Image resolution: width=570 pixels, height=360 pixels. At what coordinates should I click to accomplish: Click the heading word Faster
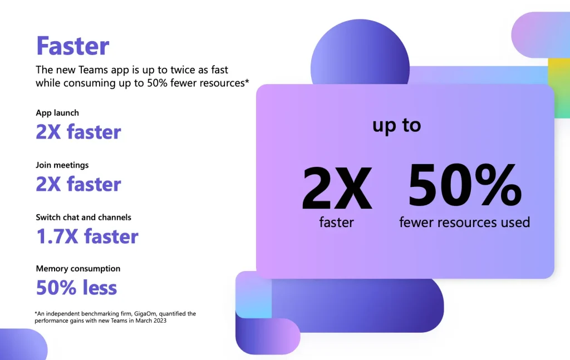click(73, 46)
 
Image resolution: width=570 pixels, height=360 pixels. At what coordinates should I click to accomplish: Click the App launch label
click(57, 112)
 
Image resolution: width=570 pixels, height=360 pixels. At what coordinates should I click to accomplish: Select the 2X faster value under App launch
click(78, 131)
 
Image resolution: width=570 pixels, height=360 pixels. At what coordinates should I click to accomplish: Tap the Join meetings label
click(62, 165)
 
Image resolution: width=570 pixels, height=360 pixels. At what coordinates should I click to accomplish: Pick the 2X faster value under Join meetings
click(78, 184)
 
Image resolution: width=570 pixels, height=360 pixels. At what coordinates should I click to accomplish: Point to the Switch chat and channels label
click(83, 217)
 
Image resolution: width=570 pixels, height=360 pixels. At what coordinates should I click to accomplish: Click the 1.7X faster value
click(87, 236)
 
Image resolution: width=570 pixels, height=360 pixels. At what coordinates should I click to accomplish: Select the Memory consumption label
click(78, 268)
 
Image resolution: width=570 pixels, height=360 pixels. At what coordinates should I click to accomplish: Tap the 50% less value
click(76, 287)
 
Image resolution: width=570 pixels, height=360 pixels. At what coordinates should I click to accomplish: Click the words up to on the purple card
click(396, 126)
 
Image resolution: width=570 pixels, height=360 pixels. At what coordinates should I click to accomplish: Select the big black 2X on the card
click(337, 188)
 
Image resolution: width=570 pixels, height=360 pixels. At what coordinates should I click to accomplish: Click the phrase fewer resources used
click(465, 222)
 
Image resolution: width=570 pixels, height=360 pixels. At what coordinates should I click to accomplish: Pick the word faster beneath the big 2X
click(336, 222)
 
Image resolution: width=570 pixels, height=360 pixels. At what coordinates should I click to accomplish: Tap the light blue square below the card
click(253, 294)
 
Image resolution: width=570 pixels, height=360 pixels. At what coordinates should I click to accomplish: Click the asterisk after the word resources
click(247, 80)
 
